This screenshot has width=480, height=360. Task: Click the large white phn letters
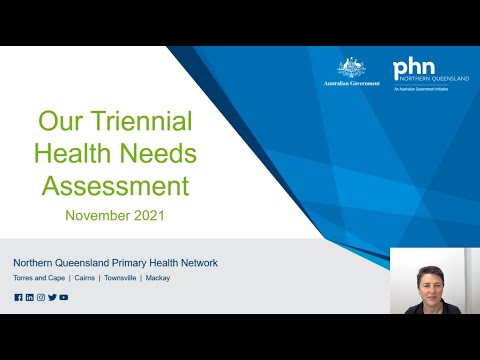413,68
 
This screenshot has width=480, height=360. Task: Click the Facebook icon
18,297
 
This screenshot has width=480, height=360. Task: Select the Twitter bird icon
52,297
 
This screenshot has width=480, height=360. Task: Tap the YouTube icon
64,297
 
